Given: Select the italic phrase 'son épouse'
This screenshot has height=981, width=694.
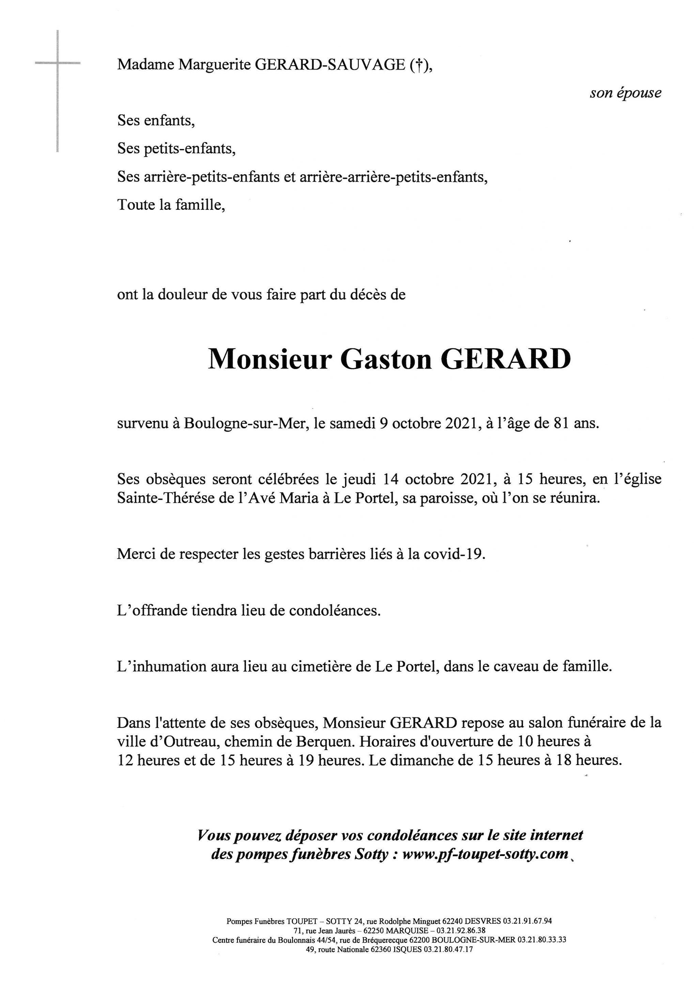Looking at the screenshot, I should (x=625, y=93).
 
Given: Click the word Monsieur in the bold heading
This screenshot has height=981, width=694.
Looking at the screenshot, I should (x=269, y=360).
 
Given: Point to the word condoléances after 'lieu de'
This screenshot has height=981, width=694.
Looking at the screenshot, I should (x=335, y=610).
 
